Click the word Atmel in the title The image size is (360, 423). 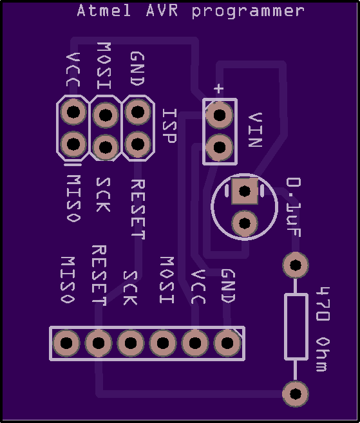tap(104, 11)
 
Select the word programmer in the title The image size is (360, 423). tap(248, 12)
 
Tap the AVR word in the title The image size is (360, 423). tap(162, 11)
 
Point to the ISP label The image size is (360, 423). tap(169, 126)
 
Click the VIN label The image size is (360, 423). tap(255, 130)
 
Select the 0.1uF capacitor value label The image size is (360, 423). tap(293, 207)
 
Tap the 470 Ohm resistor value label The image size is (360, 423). tap(323, 329)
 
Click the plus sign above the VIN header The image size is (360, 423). tap(218, 88)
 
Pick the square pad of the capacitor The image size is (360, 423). tap(245, 191)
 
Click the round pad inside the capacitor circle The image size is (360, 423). tap(245, 223)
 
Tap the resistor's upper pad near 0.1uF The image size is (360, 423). tap(296, 265)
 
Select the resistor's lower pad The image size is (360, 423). tap(296, 394)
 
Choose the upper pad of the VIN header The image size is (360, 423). tap(220, 115)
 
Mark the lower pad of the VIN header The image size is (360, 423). tap(220, 147)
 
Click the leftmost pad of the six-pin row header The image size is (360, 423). tap(66, 343)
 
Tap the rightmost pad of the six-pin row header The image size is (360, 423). tap(227, 343)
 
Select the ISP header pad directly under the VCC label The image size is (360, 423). tap(73, 111)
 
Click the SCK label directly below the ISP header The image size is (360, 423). tap(103, 194)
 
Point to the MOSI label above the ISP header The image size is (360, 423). tap(104, 66)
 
